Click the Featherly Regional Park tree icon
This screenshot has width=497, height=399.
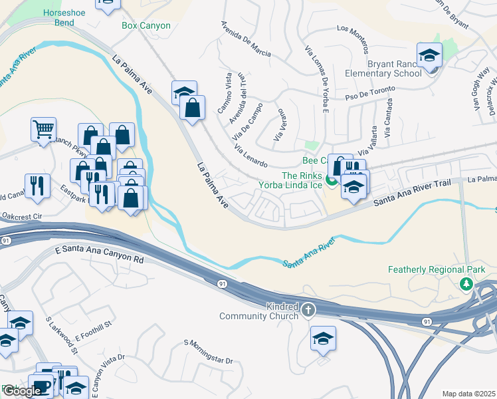[x=466, y=284]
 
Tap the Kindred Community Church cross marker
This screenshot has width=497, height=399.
[x=308, y=310]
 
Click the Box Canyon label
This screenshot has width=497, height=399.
[x=146, y=26]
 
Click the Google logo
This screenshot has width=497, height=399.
[x=21, y=391]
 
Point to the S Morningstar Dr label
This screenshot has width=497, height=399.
[x=209, y=352]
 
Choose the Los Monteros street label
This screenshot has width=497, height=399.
[x=352, y=39]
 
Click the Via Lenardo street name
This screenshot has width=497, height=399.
[x=250, y=154]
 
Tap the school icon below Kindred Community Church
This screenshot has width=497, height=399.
[x=323, y=338]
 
